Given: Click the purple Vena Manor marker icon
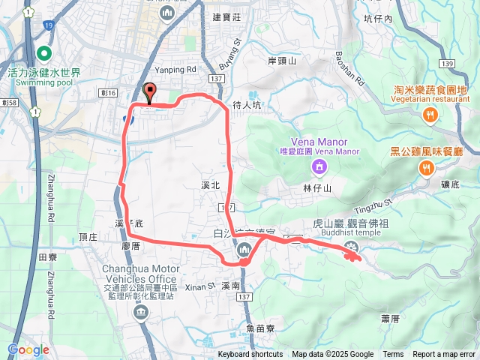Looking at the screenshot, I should click(x=319, y=165).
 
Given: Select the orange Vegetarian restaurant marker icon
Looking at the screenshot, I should click(x=430, y=115).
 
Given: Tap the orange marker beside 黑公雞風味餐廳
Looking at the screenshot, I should click(x=427, y=169).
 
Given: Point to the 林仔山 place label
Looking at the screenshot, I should click(x=318, y=187).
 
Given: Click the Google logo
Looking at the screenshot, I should click(x=28, y=349).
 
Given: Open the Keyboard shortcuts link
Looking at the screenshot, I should click(x=250, y=355).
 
